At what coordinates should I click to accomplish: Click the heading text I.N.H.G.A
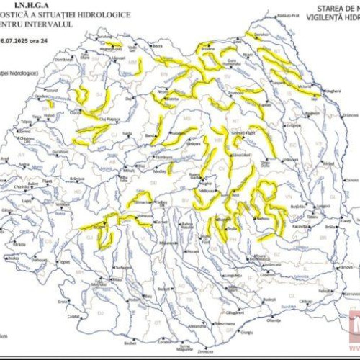[36, 4]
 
